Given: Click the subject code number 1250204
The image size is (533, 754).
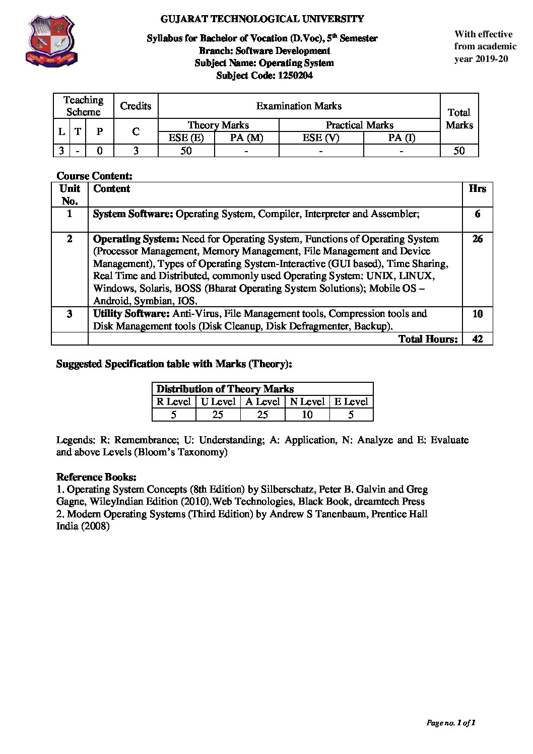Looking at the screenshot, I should (292, 76).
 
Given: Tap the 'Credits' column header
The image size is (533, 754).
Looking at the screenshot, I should (136, 106).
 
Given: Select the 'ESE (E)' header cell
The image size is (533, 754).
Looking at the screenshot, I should (186, 138).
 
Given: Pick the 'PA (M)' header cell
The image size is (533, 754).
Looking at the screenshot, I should (246, 138).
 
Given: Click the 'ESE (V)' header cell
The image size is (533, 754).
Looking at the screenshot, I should (321, 138).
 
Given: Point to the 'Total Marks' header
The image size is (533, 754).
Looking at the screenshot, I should (459, 118).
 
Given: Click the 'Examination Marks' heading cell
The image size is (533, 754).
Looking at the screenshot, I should (299, 106).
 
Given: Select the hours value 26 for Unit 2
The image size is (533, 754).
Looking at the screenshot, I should (478, 239).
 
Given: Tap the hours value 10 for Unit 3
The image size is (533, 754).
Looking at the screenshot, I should (478, 314).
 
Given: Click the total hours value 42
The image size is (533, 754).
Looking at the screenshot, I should (478, 339).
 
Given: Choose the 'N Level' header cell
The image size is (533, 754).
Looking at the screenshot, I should (307, 401).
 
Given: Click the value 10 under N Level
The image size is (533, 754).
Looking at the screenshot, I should (307, 415).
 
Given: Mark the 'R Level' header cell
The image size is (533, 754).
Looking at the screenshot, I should (173, 401).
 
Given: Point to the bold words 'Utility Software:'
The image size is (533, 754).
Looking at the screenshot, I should (131, 314).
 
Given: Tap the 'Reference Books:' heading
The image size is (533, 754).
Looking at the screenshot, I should (96, 477).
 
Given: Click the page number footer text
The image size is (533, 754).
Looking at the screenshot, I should (451, 723).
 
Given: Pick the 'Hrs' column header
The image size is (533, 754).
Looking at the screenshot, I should (477, 189).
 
